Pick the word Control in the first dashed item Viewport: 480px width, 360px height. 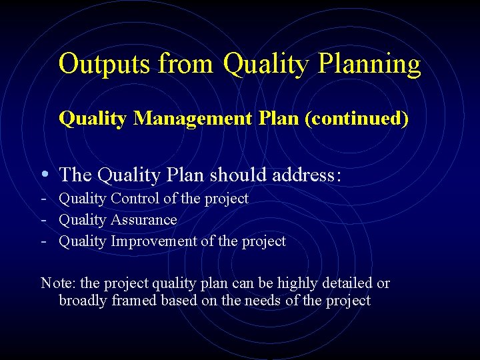(x=136, y=198)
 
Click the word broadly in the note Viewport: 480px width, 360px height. (x=84, y=301)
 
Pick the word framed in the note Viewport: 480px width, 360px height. (x=136, y=301)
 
